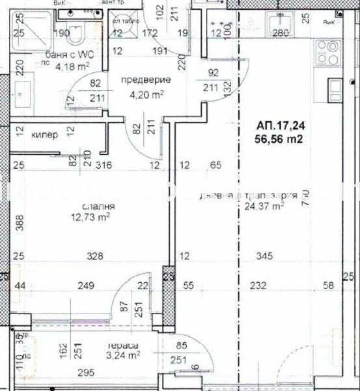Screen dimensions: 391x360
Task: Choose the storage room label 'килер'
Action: [x=45, y=135]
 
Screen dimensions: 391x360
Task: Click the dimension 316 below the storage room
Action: [x=105, y=166]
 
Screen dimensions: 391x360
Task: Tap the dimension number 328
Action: [x=96, y=257]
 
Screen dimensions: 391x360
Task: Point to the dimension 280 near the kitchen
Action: [x=281, y=33]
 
